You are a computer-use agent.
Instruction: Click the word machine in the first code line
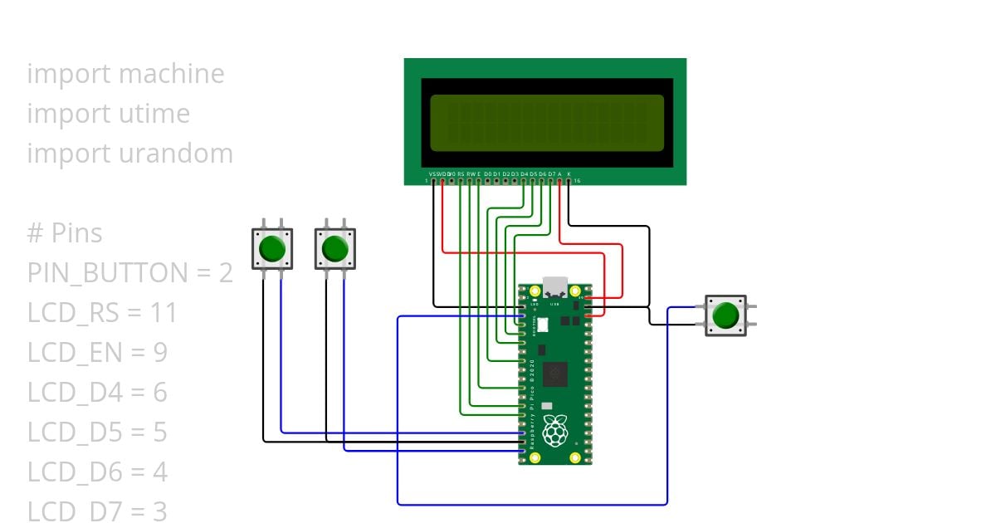click(172, 74)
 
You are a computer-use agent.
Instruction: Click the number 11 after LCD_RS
click(164, 313)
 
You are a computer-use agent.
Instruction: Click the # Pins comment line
click(65, 233)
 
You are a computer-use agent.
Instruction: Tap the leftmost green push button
click(272, 249)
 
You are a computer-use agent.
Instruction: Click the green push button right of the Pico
click(725, 315)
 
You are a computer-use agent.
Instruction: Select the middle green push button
click(334, 249)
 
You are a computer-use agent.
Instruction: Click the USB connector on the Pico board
click(554, 286)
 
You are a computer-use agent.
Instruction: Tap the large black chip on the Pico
click(554, 374)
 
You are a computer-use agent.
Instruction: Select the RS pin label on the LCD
click(461, 174)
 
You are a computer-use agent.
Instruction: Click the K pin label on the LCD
click(569, 174)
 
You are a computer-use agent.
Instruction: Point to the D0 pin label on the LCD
click(488, 174)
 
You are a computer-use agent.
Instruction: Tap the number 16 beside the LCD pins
click(577, 180)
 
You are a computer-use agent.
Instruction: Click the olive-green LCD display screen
click(545, 123)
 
